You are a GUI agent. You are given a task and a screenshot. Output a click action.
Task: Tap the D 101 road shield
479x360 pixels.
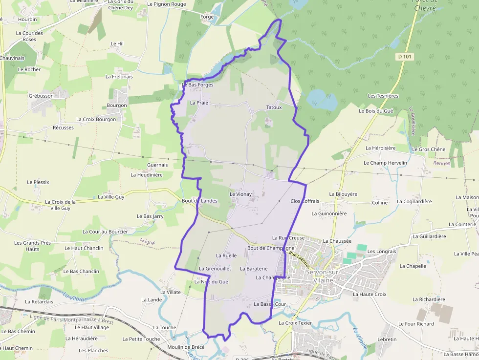(405, 57)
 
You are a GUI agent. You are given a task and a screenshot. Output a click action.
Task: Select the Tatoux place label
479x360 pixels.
(274, 107)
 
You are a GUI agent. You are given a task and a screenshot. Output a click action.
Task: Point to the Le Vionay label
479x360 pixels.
(240, 194)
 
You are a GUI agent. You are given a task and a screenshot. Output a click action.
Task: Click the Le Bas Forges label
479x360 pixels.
(197, 85)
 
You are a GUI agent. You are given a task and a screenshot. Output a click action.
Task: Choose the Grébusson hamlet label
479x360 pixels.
(41, 96)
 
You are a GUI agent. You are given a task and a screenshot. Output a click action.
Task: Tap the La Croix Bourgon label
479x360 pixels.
(96, 119)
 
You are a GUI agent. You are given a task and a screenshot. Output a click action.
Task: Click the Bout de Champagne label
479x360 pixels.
(271, 248)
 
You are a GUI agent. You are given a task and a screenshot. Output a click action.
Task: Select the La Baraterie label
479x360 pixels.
(254, 268)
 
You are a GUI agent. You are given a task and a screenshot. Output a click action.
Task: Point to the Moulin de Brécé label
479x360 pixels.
(185, 347)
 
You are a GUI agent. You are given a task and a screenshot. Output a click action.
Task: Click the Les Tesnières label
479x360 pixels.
(383, 96)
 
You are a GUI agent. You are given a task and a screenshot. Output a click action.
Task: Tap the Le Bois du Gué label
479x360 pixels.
(376, 111)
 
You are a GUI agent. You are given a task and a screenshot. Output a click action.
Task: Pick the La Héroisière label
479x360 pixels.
(380, 148)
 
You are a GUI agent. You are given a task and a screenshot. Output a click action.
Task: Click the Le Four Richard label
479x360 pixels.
(416, 323)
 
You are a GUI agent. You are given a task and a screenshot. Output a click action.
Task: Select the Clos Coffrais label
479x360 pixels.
(305, 201)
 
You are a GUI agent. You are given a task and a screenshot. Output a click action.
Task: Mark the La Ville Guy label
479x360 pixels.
(111, 197)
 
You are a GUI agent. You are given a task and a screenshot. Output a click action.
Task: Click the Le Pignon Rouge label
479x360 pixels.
(166, 4)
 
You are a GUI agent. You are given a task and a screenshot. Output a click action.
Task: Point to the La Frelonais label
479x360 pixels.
(119, 77)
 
